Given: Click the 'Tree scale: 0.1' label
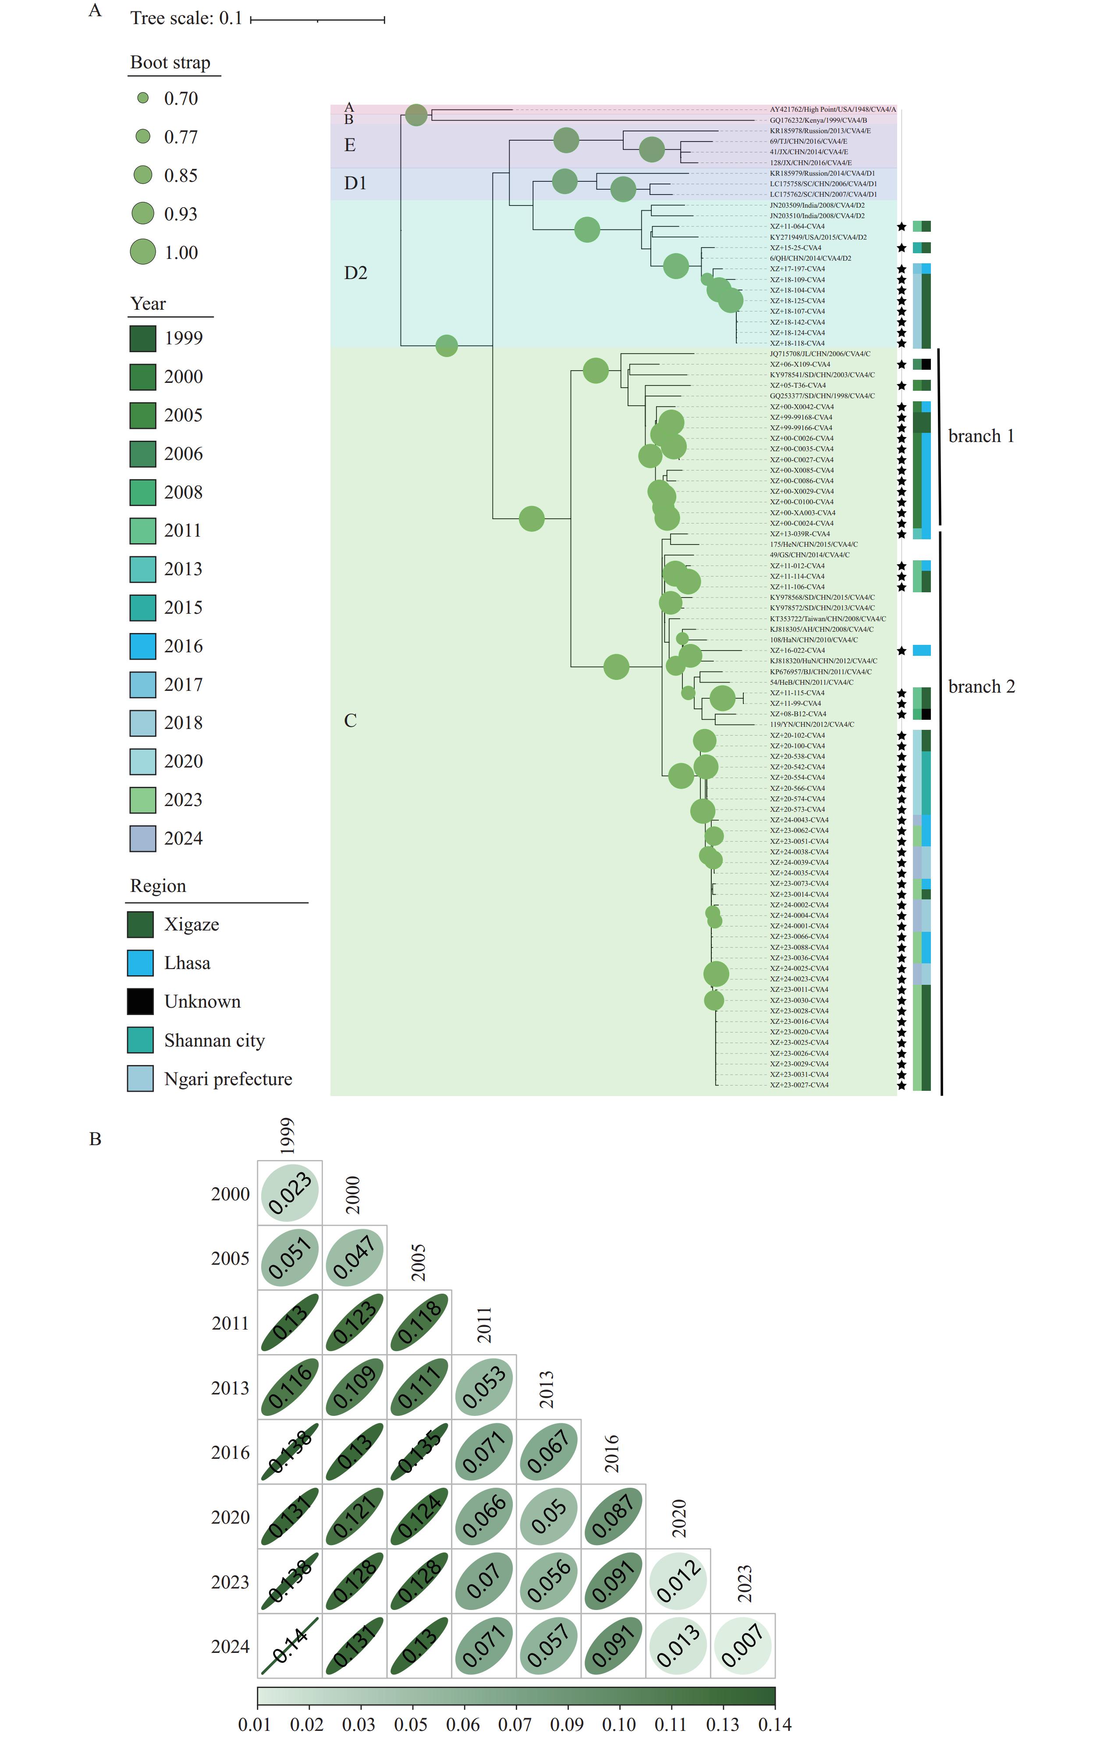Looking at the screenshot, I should [186, 18].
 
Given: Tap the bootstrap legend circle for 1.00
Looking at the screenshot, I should [143, 252].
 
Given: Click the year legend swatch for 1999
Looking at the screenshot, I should [143, 338].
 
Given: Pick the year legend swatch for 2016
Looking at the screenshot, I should [143, 646].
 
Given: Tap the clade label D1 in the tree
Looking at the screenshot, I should [355, 183].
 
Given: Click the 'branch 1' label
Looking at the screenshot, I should [980, 436].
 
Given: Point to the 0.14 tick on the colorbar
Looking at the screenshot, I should [774, 1724].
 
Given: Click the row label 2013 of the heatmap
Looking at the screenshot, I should [230, 1388].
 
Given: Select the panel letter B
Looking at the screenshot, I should [95, 1139].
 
